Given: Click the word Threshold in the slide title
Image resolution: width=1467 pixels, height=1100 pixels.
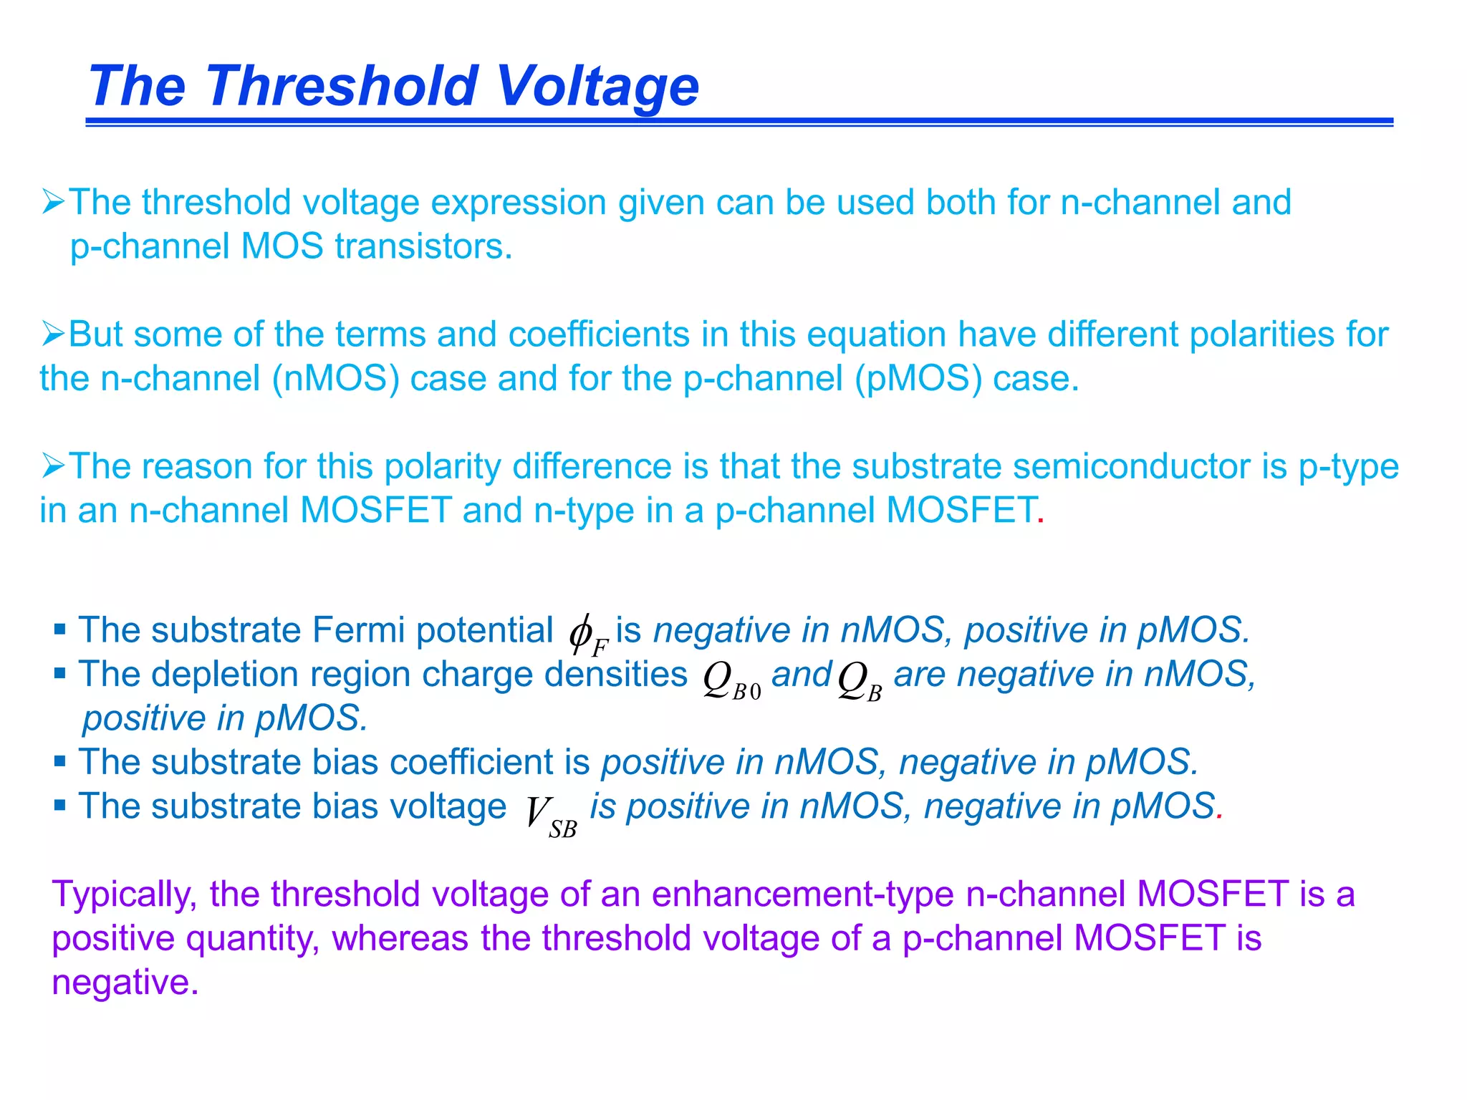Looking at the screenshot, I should [x=343, y=86].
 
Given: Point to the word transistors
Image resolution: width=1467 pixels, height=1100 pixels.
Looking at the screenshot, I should [x=423, y=246].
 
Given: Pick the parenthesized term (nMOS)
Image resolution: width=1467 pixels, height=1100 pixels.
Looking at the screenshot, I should [x=335, y=378].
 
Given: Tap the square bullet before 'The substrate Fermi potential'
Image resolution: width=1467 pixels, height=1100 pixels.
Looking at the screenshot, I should [x=60, y=630].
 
